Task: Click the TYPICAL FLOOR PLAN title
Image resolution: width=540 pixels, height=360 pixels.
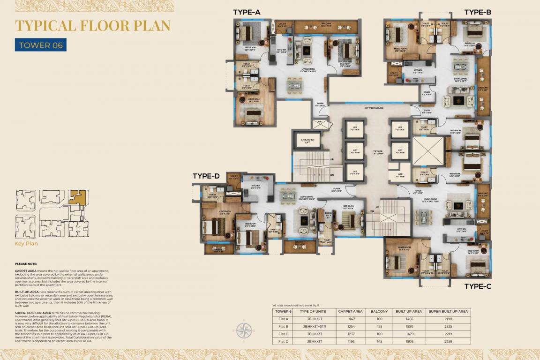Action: [93, 26]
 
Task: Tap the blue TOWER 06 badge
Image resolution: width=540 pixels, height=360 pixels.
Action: [41, 45]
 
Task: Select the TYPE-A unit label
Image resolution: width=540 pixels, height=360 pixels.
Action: [247, 13]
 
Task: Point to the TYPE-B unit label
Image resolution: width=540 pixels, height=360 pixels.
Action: [478, 13]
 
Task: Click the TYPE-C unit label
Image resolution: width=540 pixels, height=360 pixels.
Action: [478, 286]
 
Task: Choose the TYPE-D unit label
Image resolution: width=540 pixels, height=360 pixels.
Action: [206, 176]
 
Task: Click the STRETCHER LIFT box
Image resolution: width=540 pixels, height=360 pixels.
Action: [307, 140]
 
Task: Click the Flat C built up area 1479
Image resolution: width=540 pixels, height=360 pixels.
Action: [409, 333]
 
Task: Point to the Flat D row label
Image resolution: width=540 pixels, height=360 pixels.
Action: [283, 341]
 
